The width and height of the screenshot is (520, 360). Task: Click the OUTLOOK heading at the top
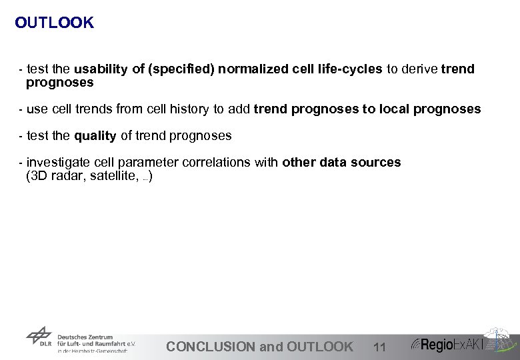point(54,23)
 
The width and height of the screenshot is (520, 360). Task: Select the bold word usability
point(102,69)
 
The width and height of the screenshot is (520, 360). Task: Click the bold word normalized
point(253,69)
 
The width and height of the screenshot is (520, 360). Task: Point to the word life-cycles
point(350,69)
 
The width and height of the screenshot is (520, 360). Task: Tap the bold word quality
point(95,136)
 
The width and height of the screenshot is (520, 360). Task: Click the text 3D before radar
point(41,177)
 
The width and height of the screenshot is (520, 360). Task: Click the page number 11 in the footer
point(379,347)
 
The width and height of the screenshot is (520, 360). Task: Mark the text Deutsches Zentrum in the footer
point(85,337)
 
